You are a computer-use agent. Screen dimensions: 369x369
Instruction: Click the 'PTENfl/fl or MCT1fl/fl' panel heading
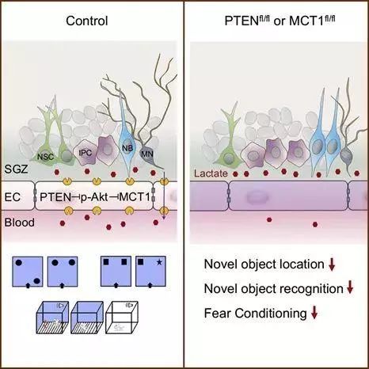[276, 19]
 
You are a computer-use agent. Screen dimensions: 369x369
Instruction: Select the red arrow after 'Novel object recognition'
[350, 288]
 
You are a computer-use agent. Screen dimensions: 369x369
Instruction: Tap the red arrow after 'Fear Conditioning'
[314, 314]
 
